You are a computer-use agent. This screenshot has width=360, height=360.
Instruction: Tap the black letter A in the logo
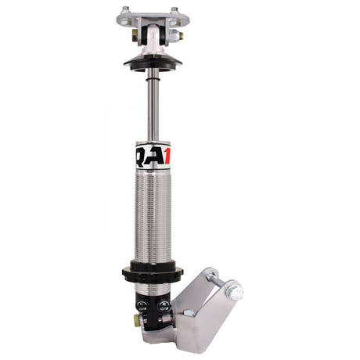tap(153, 155)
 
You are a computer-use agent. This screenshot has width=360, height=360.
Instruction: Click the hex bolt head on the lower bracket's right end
tap(234, 292)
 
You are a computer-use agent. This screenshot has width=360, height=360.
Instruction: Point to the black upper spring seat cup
tap(152, 63)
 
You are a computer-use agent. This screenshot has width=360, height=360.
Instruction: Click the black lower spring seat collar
tap(152, 273)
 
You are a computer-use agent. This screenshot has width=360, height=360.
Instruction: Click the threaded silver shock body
tap(152, 219)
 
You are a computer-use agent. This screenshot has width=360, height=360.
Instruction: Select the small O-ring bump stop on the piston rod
tap(152, 75)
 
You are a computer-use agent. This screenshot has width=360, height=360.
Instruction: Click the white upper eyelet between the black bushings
tap(153, 35)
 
